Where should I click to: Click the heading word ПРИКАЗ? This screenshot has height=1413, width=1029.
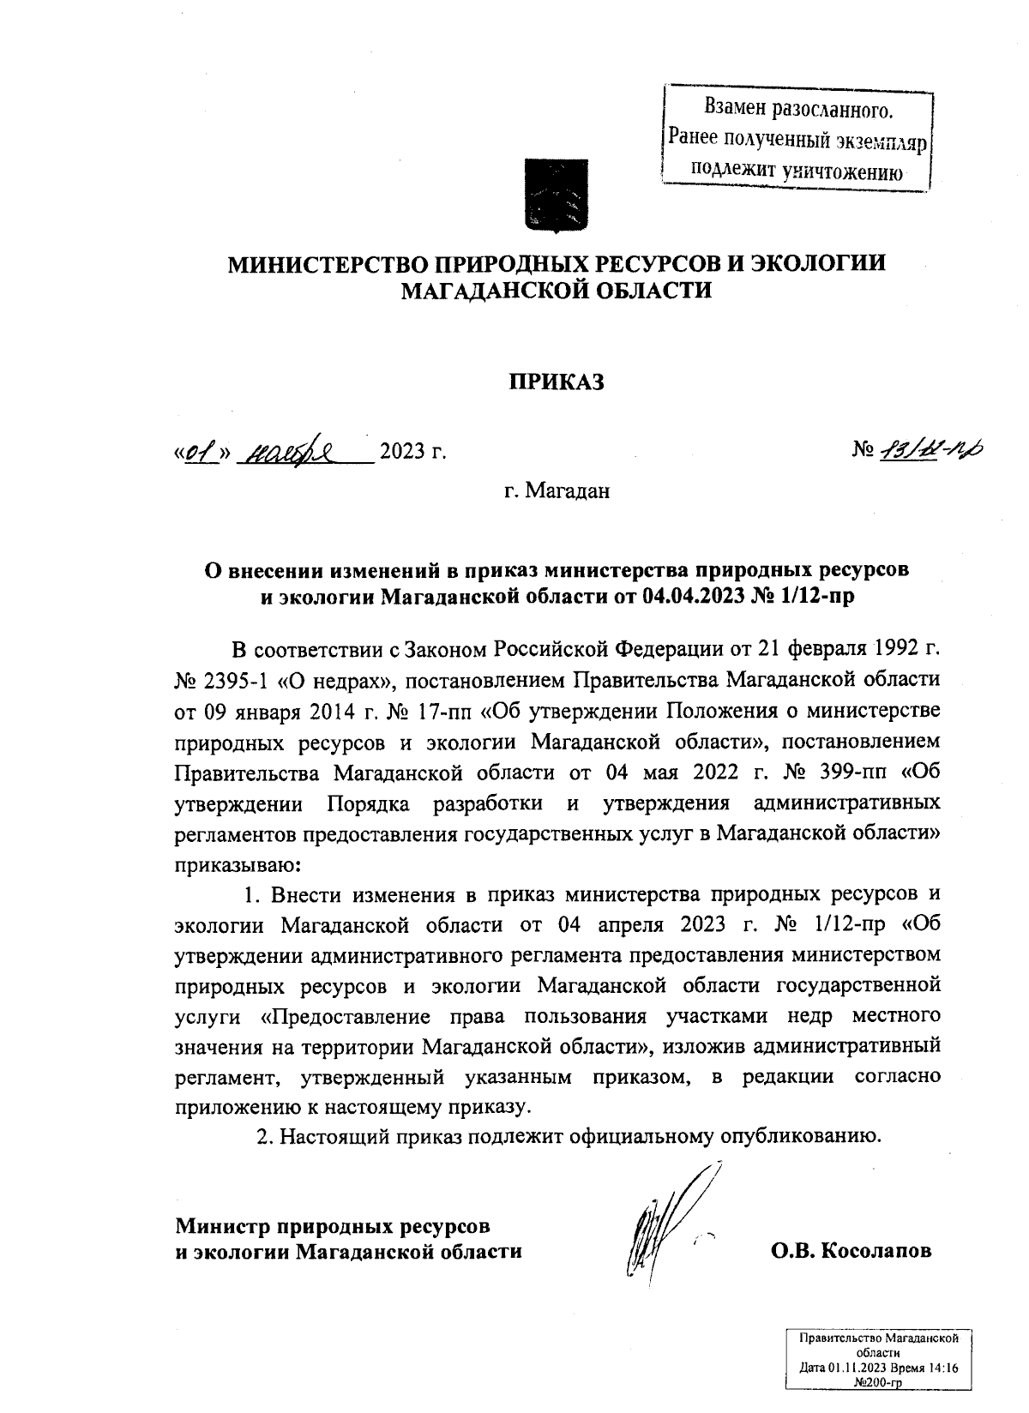(x=557, y=382)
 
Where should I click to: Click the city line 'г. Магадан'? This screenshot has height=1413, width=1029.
(x=557, y=492)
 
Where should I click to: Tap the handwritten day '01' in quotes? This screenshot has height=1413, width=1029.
(x=199, y=450)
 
